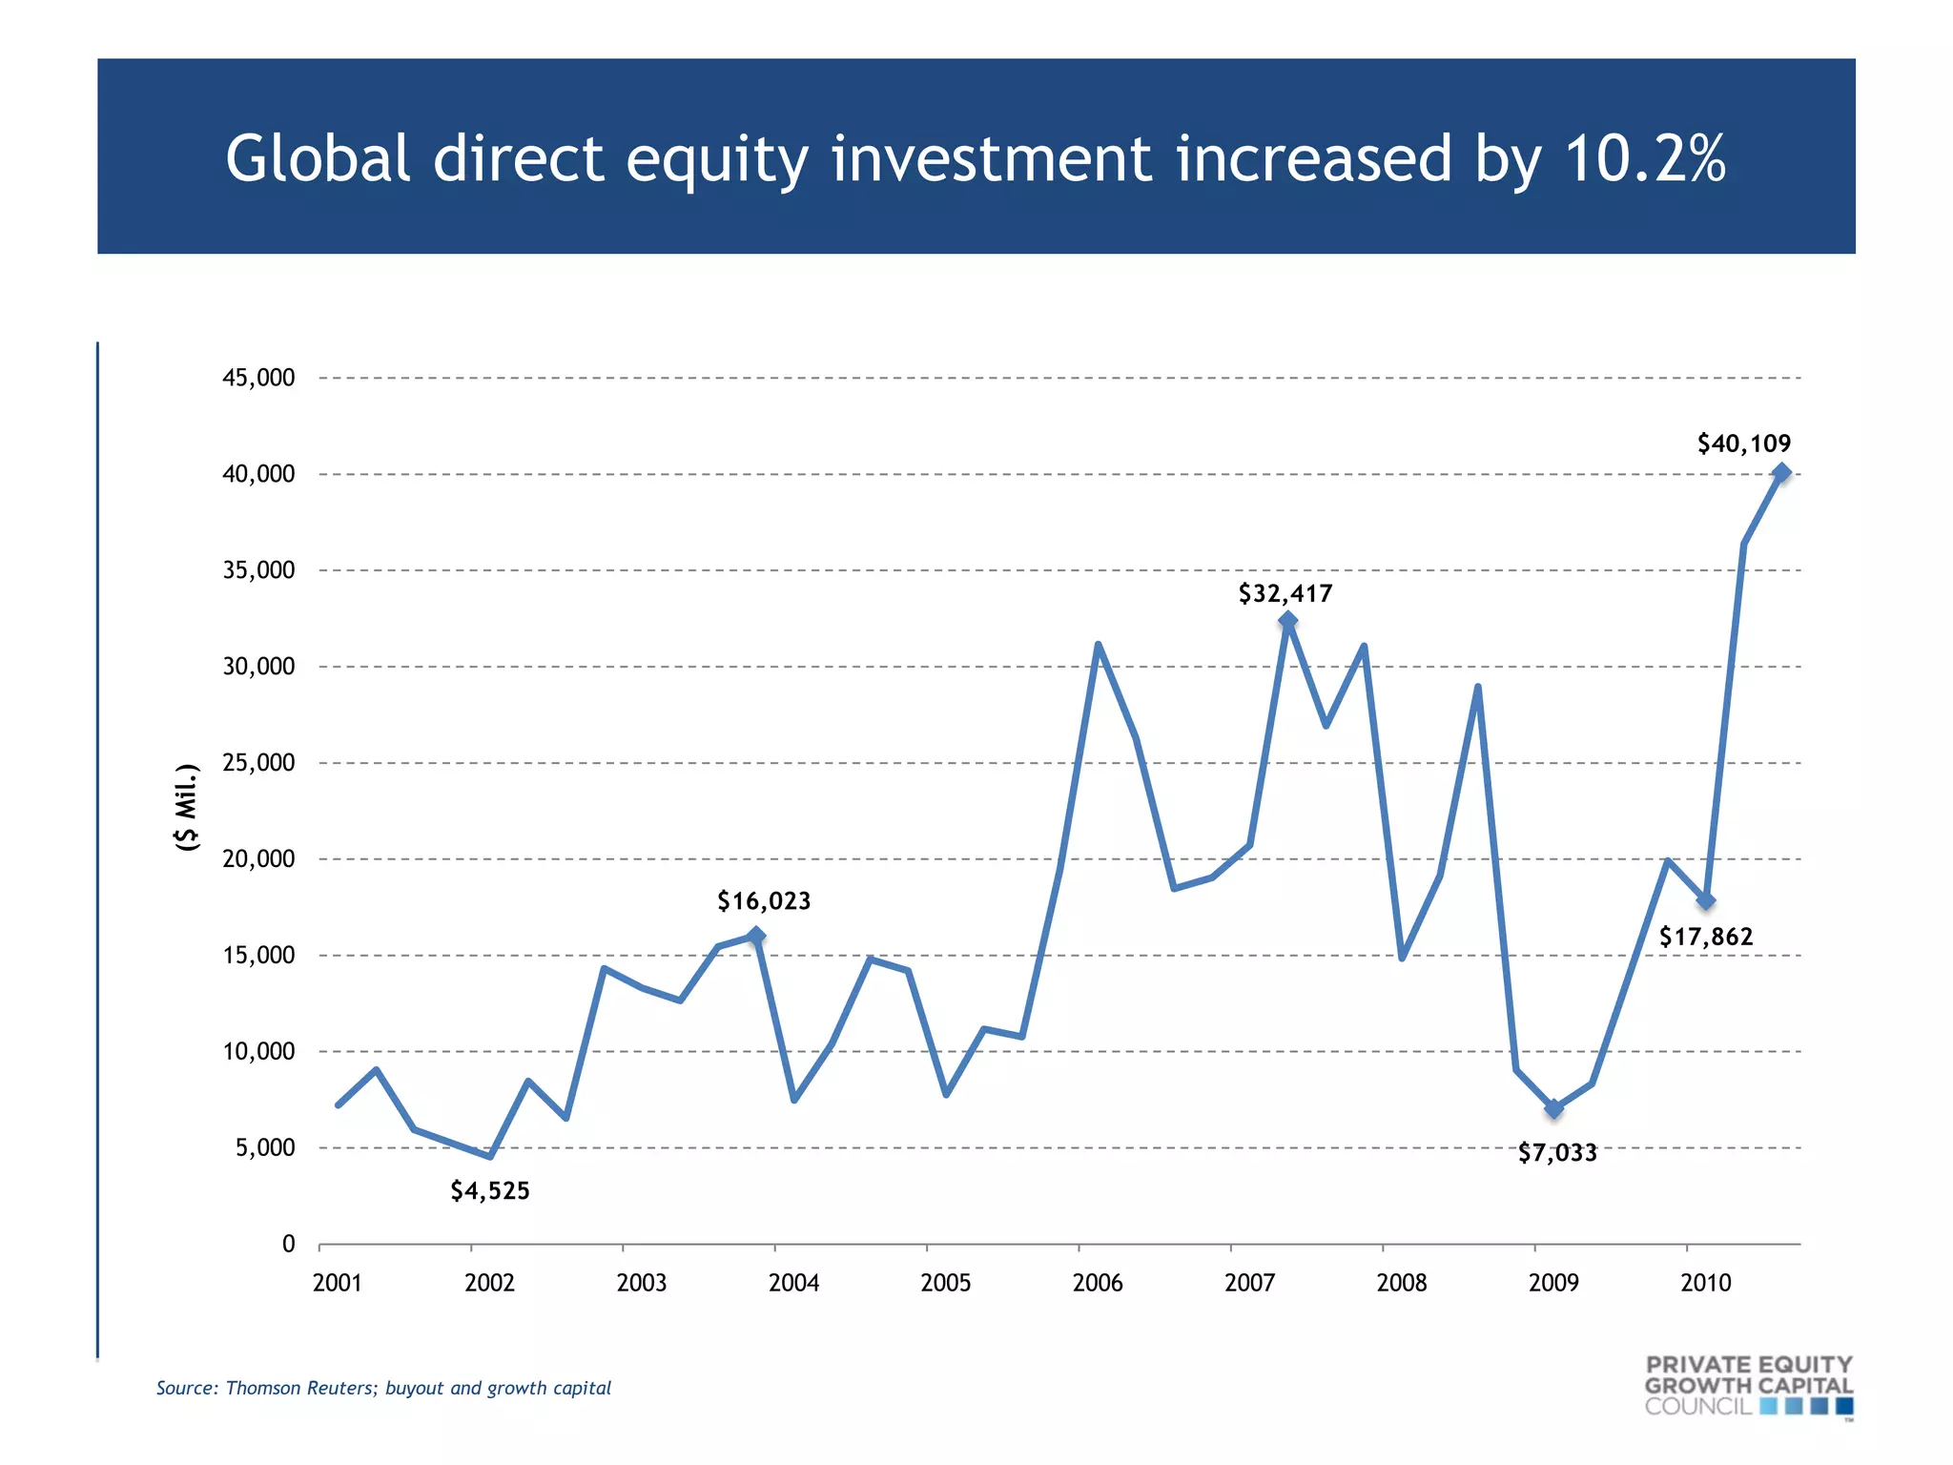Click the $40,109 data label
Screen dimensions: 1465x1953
(1743, 444)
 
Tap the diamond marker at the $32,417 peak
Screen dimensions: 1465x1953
(1287, 622)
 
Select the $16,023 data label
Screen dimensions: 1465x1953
(764, 901)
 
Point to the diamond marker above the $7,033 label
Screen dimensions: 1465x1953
(1553, 1108)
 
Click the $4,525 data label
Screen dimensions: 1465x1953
(490, 1191)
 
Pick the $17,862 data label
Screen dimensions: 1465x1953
(1706, 938)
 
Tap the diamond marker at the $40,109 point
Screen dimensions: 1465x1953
(1780, 472)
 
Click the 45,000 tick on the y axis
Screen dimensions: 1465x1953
(258, 378)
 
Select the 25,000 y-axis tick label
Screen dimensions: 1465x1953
(258, 763)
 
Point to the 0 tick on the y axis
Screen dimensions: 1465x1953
(288, 1244)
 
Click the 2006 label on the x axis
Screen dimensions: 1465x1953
(1098, 1283)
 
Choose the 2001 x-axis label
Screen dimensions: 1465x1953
(338, 1283)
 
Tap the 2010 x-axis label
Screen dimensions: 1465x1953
(1705, 1283)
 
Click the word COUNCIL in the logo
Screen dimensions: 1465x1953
(1698, 1407)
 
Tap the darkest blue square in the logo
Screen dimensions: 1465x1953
(1844, 1407)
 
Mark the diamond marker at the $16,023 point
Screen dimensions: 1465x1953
(755, 936)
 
